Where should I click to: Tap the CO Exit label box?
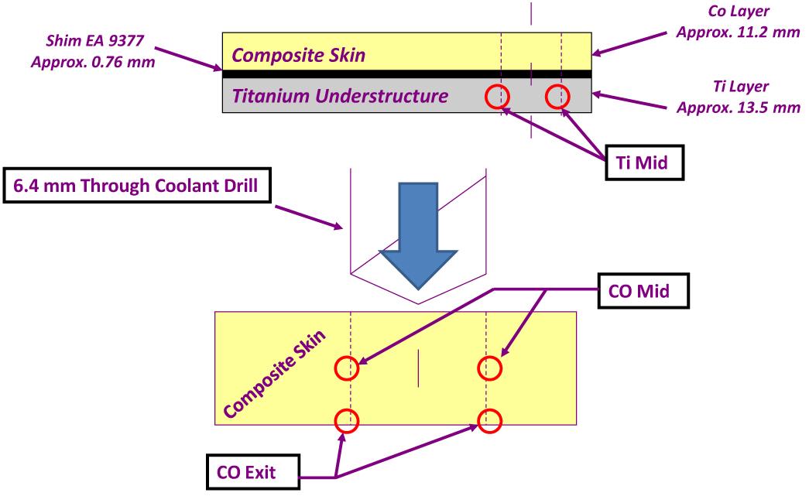pyautogui.click(x=251, y=472)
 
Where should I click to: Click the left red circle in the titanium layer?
pyautogui.click(x=497, y=97)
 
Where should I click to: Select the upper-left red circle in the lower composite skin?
pyautogui.click(x=348, y=368)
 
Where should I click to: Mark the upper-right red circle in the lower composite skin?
pyautogui.click(x=488, y=368)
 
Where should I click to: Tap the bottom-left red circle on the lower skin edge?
pyautogui.click(x=348, y=421)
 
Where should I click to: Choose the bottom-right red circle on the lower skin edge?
pyautogui.click(x=488, y=421)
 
